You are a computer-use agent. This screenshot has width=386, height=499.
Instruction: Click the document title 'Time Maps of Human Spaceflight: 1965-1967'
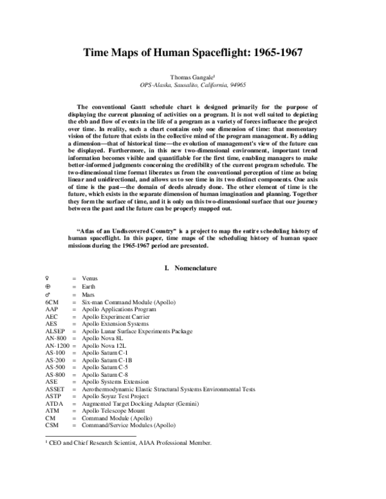[193, 55]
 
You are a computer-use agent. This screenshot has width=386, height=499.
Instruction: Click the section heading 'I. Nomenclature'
[193, 268]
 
